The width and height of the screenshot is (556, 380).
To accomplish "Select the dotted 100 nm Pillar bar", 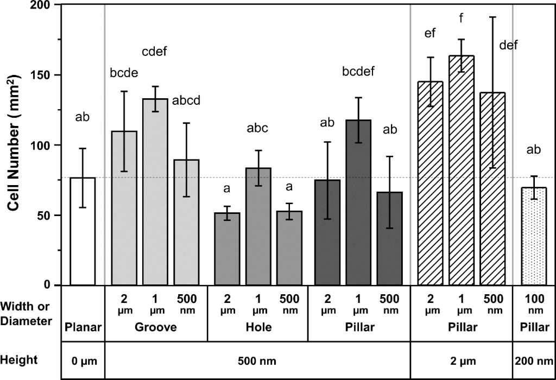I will pyautogui.click(x=534, y=236).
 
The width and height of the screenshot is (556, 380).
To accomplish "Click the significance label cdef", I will pyautogui.click(x=154, y=53).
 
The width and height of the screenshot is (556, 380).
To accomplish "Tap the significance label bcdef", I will pyautogui.click(x=359, y=71).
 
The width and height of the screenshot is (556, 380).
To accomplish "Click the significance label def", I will pyautogui.click(x=508, y=45).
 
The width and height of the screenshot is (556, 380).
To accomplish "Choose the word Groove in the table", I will pyautogui.click(x=155, y=328).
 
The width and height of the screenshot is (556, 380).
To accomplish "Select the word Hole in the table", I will pyautogui.click(x=258, y=328).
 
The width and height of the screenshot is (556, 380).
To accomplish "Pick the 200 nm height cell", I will pyautogui.click(x=534, y=360).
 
